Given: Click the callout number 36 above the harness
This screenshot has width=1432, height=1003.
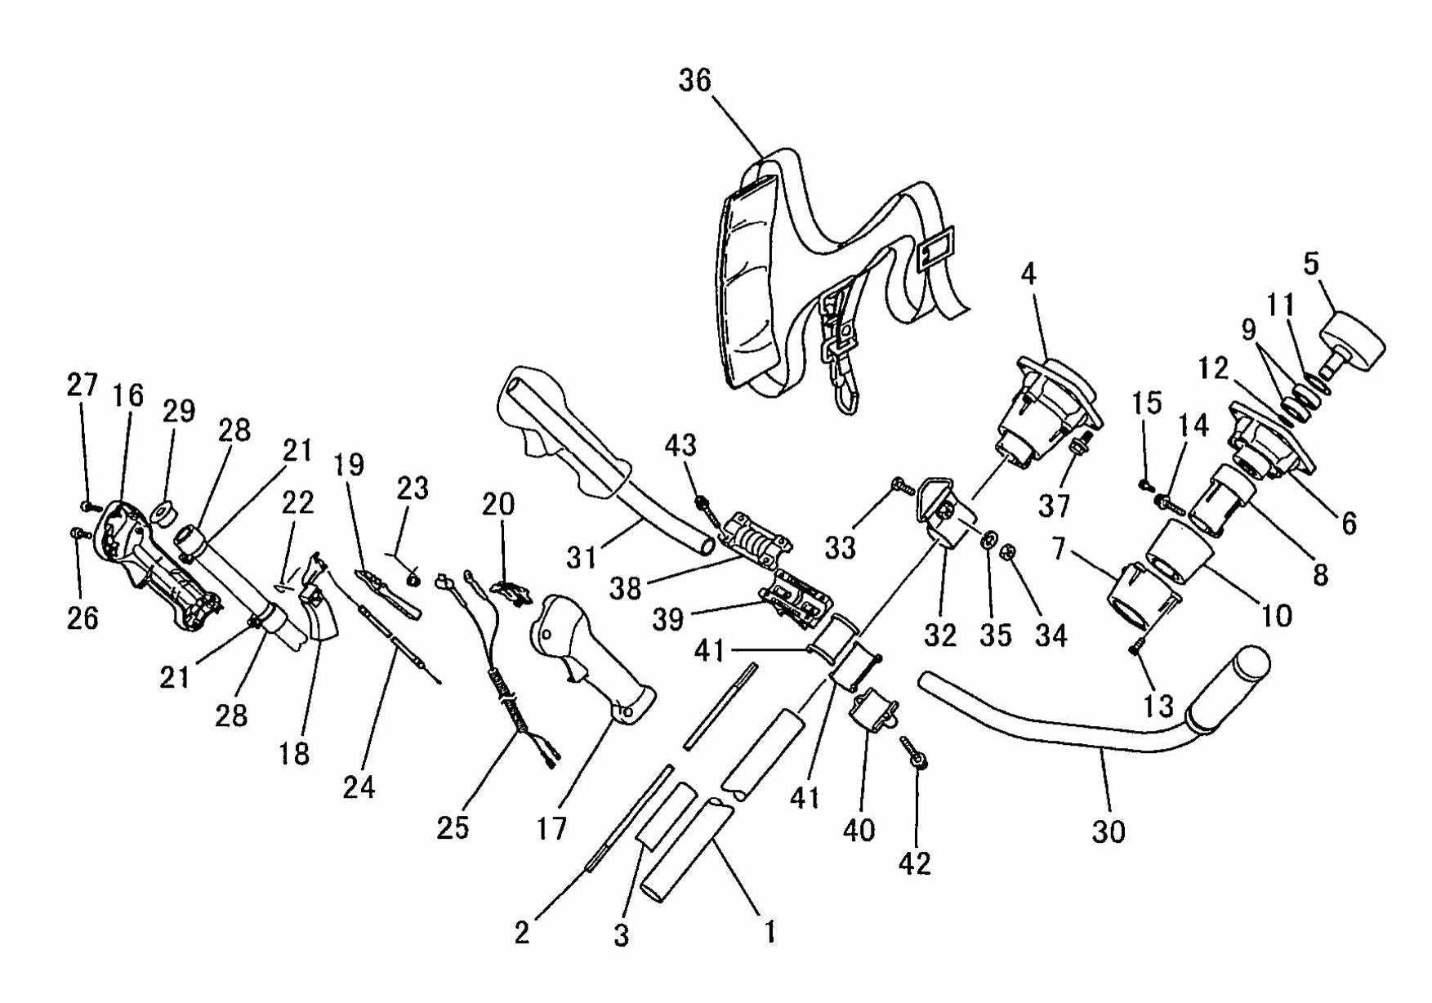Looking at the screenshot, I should [695, 81].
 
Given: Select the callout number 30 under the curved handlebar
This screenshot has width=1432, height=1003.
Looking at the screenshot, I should [1108, 831].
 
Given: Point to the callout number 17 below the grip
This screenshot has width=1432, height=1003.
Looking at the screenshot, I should [552, 829].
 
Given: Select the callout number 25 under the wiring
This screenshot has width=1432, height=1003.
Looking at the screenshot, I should [453, 827].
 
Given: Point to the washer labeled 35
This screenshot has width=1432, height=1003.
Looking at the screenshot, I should [987, 538].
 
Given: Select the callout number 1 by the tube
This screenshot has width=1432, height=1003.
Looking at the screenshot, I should [769, 930].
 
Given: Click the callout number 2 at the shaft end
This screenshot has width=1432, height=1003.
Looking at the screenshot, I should [522, 933].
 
